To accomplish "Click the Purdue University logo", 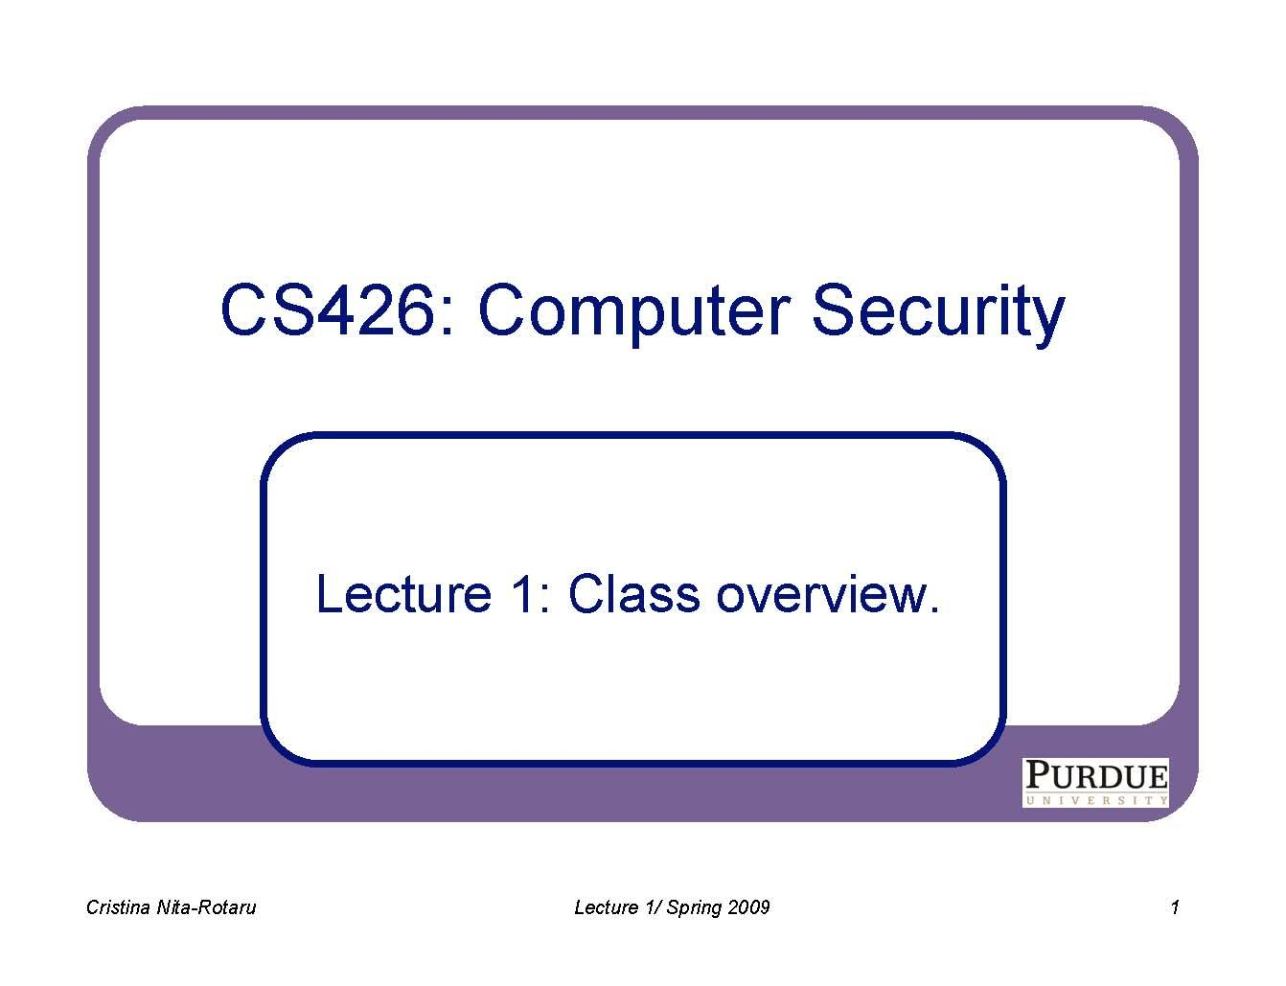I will point(1095,782).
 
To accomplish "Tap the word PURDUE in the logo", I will point(1095,774).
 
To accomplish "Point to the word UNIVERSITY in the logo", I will point(1095,799).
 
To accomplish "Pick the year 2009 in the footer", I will point(749,907).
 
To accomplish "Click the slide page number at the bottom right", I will point(1174,907).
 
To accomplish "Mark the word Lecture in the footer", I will point(602,907).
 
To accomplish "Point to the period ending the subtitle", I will point(934,609).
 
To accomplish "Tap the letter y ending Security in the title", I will point(1049,319).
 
